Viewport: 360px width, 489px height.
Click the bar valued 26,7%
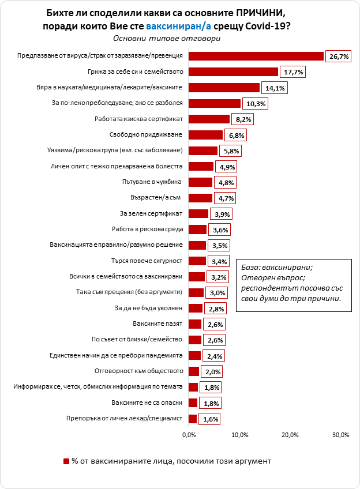tap(256, 56)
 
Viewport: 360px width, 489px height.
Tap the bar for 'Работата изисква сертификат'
tap(209, 119)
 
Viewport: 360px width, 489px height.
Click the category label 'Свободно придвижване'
tap(146, 135)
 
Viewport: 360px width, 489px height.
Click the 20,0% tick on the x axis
tap(290, 434)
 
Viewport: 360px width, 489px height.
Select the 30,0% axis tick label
tap(341, 434)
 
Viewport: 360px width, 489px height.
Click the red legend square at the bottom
tap(65, 461)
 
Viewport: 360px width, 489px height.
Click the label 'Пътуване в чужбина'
tap(153, 182)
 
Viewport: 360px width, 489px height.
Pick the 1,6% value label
tap(211, 419)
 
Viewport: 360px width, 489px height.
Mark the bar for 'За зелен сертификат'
tap(198, 214)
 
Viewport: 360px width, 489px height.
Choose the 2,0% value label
tap(212, 371)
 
